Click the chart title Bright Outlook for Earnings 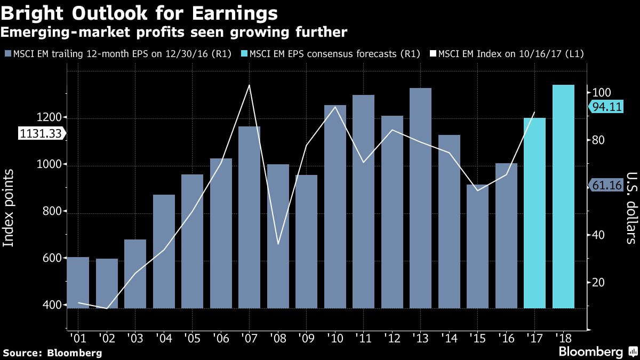pos(140,13)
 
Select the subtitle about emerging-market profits pos(174,33)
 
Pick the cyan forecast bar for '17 pos(534,213)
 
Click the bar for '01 pos(78,283)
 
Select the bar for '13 pos(420,198)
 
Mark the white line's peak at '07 pos(249,85)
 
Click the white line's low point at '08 pos(278,244)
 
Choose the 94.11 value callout pos(607,107)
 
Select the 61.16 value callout pos(607,185)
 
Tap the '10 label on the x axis pos(335,338)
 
